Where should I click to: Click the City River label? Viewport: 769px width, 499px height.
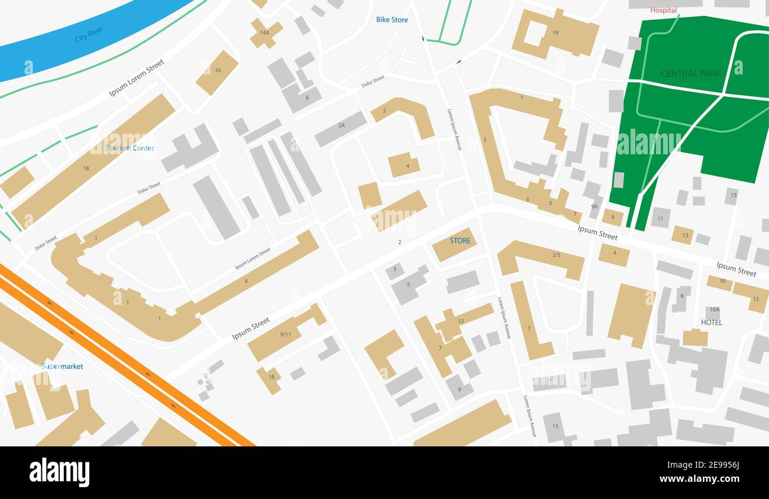[x=89, y=34]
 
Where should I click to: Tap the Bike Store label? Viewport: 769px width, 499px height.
[x=392, y=20]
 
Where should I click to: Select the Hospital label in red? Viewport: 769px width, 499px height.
[x=663, y=10]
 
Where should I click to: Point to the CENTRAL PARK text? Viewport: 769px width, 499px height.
[x=690, y=74]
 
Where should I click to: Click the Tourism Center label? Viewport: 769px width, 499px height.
[x=130, y=148]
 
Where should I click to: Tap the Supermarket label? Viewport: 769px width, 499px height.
[x=62, y=367]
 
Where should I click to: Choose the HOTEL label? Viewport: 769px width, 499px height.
[x=711, y=322]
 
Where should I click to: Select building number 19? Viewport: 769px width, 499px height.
[x=555, y=34]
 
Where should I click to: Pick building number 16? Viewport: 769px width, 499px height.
[x=217, y=72]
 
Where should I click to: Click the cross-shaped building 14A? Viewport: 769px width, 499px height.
[x=265, y=33]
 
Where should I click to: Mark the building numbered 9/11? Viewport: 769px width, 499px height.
[x=285, y=334]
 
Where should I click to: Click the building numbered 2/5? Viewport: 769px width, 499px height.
[x=555, y=256]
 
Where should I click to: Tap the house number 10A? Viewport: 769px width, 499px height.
[x=714, y=310]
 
